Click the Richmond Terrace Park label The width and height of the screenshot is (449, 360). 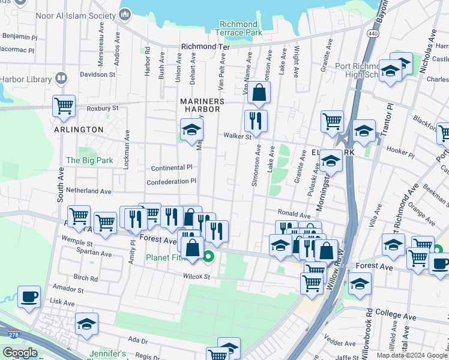pyautogui.click(x=238, y=28)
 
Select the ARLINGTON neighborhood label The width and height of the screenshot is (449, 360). pyautogui.click(x=79, y=130)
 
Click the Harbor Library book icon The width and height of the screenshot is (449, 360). pyautogui.click(x=61, y=78)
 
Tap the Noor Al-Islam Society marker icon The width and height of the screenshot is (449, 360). pyautogui.click(x=125, y=14)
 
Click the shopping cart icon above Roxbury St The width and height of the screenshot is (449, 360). pyautogui.click(x=64, y=106)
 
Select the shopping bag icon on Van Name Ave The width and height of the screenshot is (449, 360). pyautogui.click(x=259, y=92)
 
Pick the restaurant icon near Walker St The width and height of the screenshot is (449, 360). pyautogui.click(x=256, y=121)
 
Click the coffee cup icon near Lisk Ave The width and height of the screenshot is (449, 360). pyautogui.click(x=29, y=296)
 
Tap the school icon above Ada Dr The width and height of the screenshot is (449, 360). pyautogui.click(x=86, y=324)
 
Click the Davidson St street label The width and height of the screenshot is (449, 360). pyautogui.click(x=98, y=74)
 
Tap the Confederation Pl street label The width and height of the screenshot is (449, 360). pyautogui.click(x=172, y=181)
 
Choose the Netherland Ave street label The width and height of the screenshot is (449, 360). pyautogui.click(x=89, y=191)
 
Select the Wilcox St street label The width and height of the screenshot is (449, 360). pyautogui.click(x=197, y=277)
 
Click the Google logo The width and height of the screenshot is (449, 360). pyautogui.click(x=20, y=353)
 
